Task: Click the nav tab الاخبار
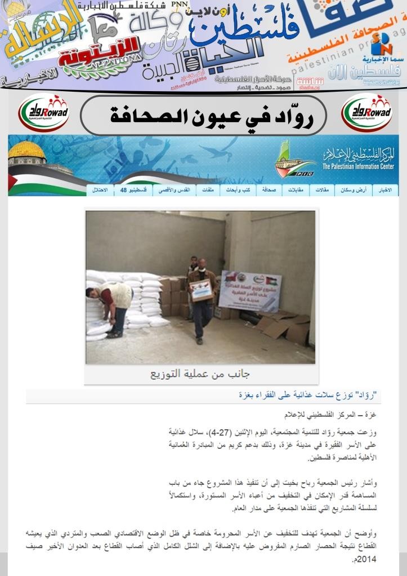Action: tap(386, 190)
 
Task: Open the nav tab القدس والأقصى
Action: tap(172, 190)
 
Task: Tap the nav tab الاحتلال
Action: tap(100, 190)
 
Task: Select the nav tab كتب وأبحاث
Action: tap(237, 190)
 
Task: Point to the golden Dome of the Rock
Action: tap(26, 151)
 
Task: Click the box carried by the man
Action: tap(201, 290)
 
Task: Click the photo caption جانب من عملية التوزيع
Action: tap(200, 373)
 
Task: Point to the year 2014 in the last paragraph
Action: tap(365, 559)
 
